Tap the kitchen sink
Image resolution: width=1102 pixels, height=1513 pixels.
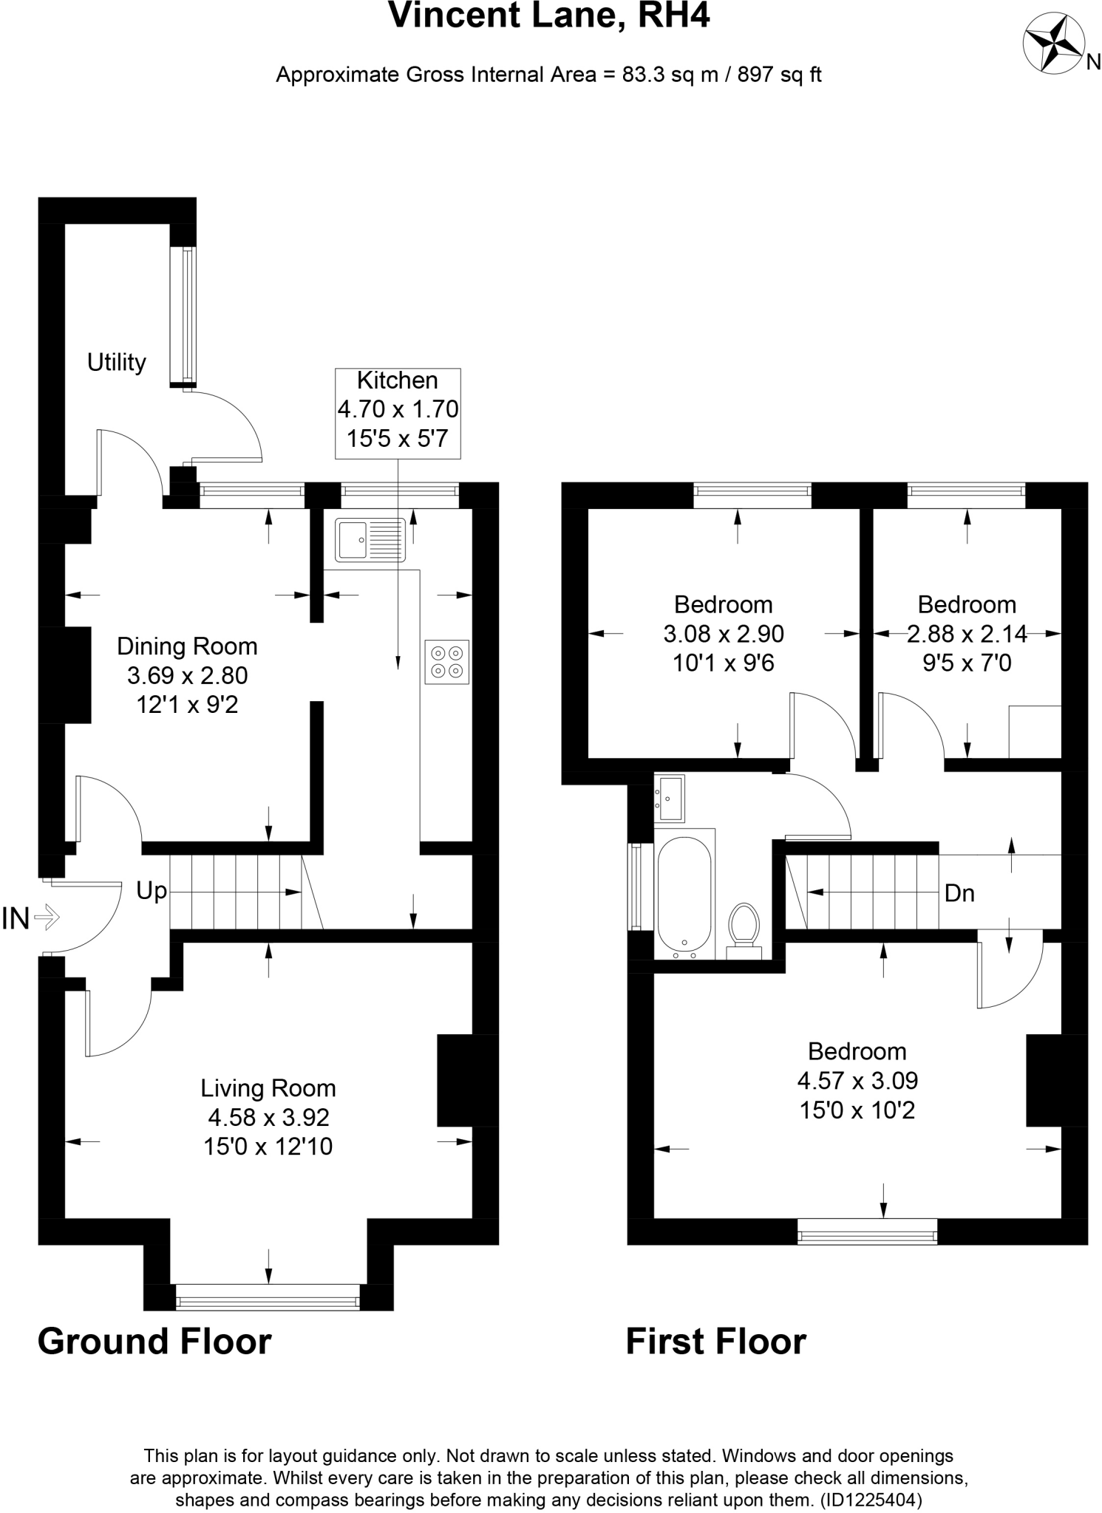[x=370, y=539]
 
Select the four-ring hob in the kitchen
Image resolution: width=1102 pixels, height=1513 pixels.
[x=447, y=661]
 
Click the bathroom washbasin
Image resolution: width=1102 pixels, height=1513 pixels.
[x=670, y=798]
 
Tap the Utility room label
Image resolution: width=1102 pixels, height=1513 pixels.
[x=116, y=363]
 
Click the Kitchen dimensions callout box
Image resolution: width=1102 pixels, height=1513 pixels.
[x=398, y=413]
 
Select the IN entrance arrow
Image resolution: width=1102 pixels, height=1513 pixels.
[x=46, y=918]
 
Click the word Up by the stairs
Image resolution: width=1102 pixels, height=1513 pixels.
[x=151, y=891]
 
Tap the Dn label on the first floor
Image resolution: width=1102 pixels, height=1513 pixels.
[x=959, y=893]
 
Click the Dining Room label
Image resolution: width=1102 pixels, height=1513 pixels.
[x=187, y=646]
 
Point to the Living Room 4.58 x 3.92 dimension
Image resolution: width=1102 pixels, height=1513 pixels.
[x=268, y=1117]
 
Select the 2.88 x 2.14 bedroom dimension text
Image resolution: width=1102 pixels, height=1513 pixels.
[x=967, y=634]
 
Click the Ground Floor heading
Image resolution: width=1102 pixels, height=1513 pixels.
[x=154, y=1341]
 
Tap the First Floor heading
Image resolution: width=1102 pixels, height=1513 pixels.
[x=715, y=1341]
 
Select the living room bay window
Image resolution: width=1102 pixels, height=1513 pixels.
[x=268, y=1297]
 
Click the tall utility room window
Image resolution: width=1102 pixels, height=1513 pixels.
[x=185, y=314]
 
